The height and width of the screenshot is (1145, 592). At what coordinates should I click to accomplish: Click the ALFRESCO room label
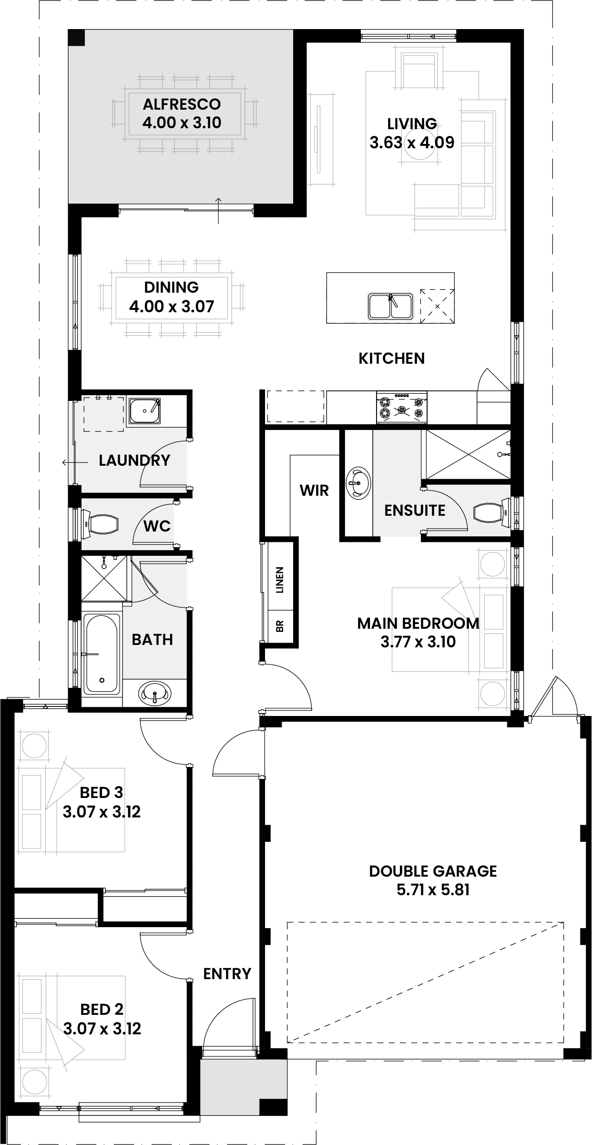coord(182,104)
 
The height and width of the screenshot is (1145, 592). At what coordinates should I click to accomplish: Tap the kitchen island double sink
coord(390,306)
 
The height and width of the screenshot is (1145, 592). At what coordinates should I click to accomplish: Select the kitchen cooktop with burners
coord(402,407)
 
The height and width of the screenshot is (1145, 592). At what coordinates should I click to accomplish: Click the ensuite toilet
coord(492,513)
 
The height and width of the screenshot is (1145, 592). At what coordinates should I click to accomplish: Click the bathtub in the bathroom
coord(102,654)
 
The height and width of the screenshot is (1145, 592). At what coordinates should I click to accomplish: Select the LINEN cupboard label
coord(280,580)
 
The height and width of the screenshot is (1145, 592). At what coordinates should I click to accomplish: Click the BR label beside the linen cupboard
coord(280,626)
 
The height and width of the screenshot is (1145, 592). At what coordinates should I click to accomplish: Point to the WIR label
coord(315,491)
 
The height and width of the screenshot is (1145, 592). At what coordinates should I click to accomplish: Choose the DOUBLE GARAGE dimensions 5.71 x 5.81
coord(433,890)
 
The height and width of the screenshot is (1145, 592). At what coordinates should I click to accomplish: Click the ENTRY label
coord(227,973)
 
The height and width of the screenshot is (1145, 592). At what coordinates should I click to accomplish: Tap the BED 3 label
coord(102,793)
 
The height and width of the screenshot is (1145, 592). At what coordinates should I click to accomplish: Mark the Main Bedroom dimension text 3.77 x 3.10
coord(418,642)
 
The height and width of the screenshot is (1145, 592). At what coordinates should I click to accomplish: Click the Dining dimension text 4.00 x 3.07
coord(172,306)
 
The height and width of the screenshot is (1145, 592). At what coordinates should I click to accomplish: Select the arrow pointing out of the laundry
coord(75,462)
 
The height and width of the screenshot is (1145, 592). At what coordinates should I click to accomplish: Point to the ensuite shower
coord(468,454)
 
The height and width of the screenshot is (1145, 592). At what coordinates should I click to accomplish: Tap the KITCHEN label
coord(392,358)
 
